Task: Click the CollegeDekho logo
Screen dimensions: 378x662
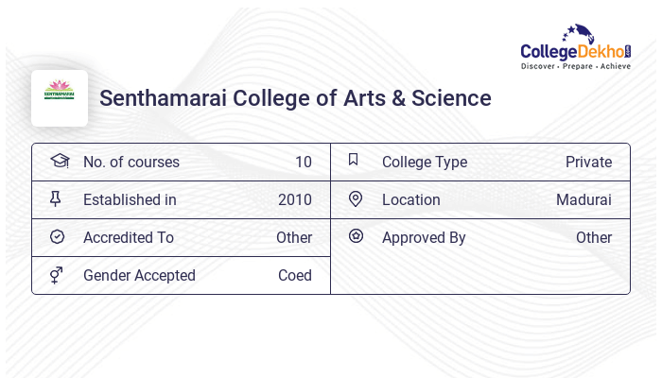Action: (x=575, y=48)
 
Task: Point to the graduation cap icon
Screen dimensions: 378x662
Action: (x=60, y=161)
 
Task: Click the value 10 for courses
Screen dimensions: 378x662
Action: (x=303, y=162)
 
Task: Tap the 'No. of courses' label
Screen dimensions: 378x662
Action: (x=131, y=162)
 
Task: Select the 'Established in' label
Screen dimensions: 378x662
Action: (x=130, y=199)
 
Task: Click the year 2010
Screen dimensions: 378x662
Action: (x=295, y=199)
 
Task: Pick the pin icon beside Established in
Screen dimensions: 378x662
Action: (x=56, y=198)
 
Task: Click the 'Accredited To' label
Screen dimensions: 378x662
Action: (x=129, y=237)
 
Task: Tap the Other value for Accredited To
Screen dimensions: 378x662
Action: (x=294, y=237)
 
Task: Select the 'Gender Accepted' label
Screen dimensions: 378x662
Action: (x=139, y=275)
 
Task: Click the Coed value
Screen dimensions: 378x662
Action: (x=295, y=275)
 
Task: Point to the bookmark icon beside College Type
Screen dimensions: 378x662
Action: (x=354, y=160)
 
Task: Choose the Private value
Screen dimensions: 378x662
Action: (x=588, y=162)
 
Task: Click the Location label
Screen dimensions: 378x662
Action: (x=410, y=199)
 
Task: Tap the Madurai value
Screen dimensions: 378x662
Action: (x=584, y=199)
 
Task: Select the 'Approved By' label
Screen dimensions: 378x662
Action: (x=424, y=237)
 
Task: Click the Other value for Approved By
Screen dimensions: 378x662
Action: (x=594, y=237)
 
